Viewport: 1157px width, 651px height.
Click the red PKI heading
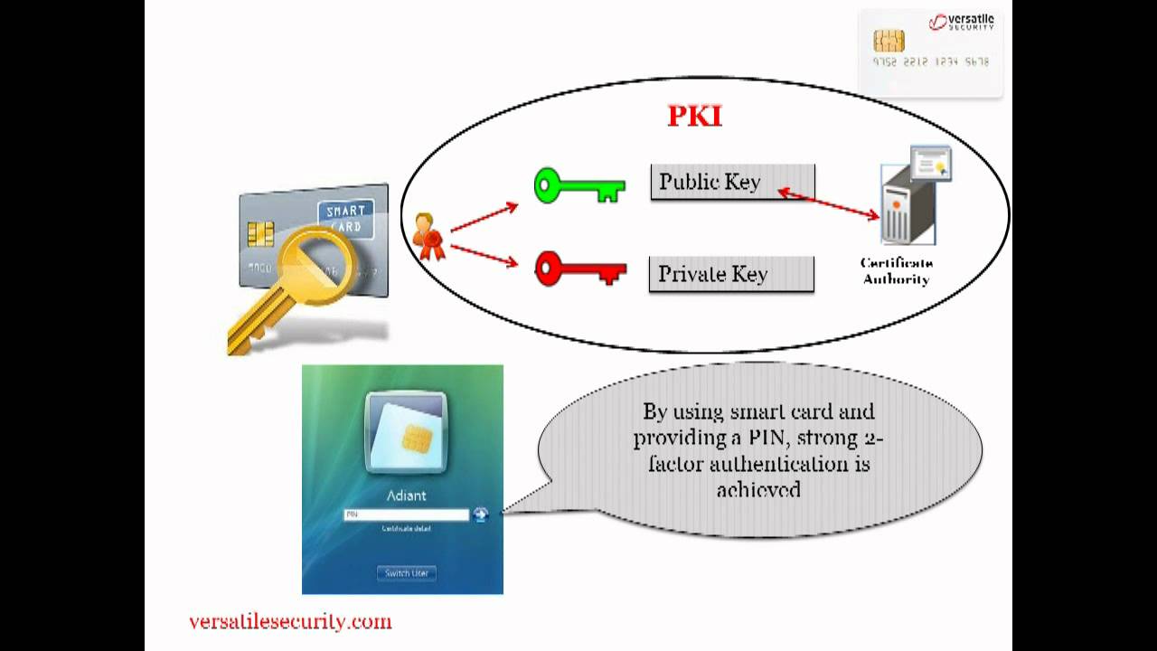point(694,117)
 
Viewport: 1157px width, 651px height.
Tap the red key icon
point(579,269)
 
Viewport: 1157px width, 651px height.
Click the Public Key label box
point(732,182)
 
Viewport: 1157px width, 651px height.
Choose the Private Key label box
point(731,274)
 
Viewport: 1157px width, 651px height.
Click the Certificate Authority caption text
point(896,271)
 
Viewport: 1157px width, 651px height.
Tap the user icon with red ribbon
point(428,236)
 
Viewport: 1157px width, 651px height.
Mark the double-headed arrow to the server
point(829,203)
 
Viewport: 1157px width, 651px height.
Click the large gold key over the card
point(289,289)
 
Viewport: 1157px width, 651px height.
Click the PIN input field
point(406,514)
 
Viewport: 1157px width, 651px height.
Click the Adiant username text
point(406,495)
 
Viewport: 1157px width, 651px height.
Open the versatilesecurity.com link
point(290,622)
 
